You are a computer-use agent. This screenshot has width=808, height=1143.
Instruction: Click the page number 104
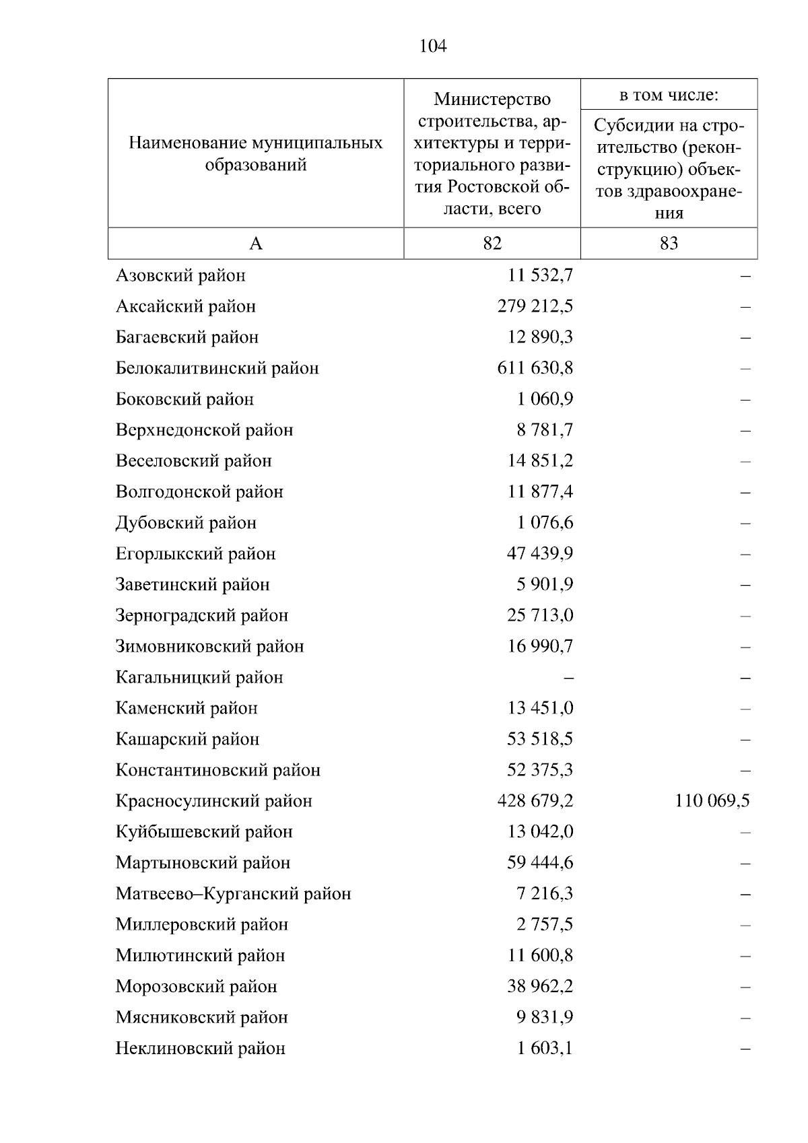432,46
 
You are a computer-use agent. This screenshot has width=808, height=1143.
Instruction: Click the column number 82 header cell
492,243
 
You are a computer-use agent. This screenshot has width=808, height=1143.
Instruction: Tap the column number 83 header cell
669,243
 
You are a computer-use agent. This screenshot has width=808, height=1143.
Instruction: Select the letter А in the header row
256,243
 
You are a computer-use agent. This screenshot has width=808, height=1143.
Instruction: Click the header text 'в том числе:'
669,95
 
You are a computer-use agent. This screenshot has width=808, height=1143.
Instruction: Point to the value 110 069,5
712,800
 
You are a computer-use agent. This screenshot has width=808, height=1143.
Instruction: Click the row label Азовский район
180,275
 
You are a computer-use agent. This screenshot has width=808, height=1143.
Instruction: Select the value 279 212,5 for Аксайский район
535,306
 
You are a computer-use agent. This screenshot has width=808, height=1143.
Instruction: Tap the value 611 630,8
535,368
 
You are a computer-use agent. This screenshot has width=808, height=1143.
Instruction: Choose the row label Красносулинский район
213,801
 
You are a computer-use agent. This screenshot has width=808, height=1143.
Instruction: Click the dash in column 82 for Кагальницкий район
569,677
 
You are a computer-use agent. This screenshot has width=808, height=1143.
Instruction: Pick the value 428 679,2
535,800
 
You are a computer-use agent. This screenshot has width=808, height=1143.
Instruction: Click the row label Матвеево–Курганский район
233,894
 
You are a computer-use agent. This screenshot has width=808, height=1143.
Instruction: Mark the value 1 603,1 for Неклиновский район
545,1048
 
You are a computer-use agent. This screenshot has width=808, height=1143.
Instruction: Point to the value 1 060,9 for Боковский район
545,399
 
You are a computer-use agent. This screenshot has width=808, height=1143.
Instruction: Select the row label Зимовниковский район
209,646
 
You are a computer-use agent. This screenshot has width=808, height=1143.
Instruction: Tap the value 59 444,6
540,862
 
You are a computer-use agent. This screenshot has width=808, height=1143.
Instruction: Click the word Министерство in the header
492,100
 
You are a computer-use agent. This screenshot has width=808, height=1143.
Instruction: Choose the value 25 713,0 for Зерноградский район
540,615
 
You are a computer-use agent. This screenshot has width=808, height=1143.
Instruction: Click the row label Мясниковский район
201,1017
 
